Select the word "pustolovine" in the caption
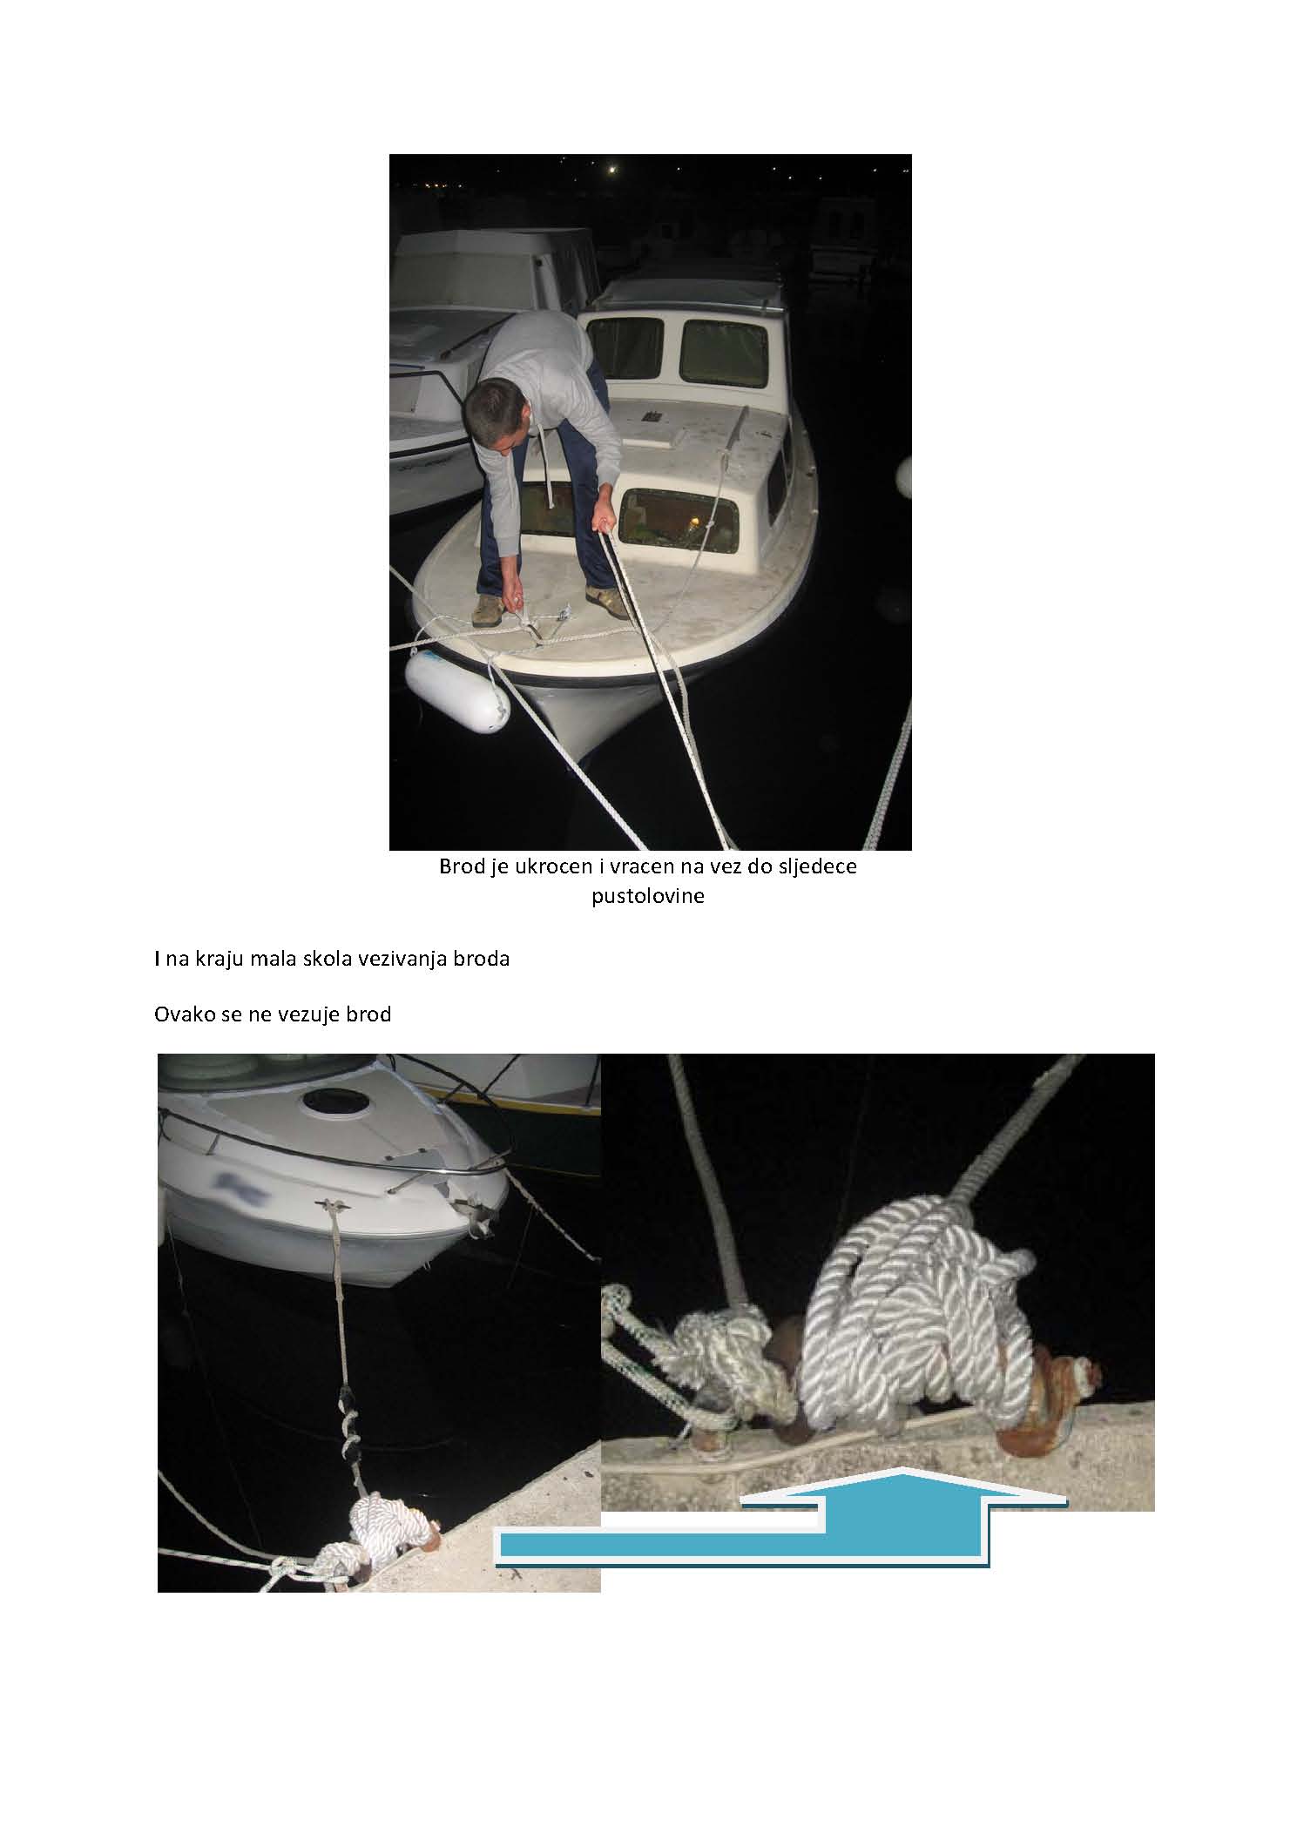pos(648,896)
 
